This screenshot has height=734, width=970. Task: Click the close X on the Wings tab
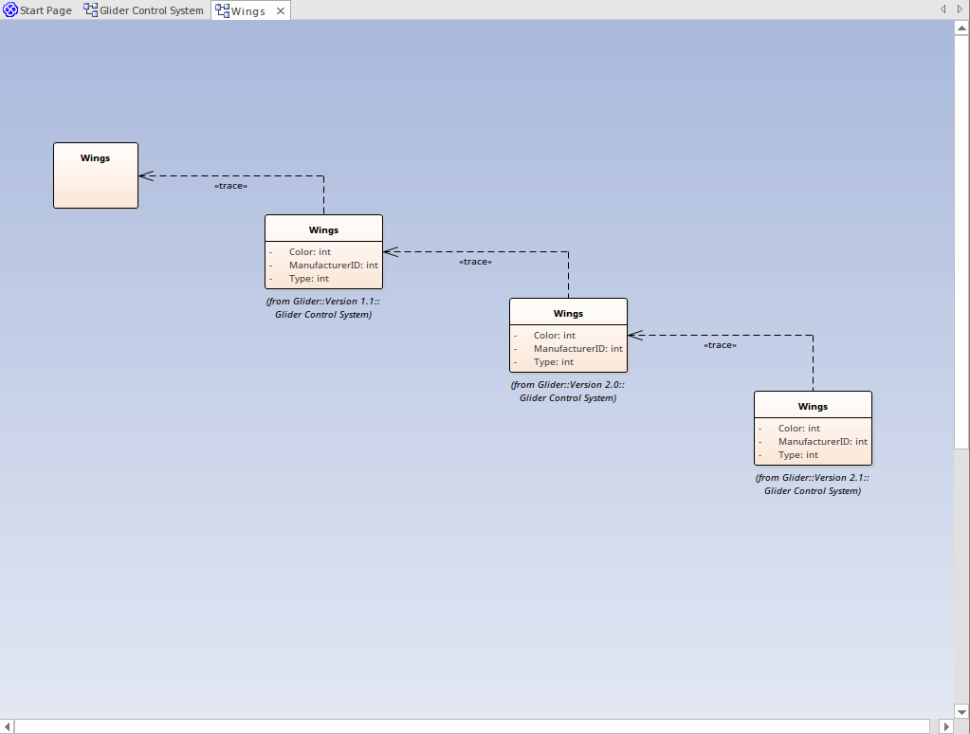(x=281, y=10)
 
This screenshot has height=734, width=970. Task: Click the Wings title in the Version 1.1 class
(x=323, y=229)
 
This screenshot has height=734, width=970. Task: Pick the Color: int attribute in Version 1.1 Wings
(x=310, y=252)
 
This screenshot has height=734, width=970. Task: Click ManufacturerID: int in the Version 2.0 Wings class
(x=577, y=349)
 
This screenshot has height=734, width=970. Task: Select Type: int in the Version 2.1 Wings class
(x=797, y=455)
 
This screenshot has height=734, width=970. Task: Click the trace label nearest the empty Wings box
(x=230, y=186)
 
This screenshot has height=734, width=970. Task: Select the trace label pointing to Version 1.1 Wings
(x=475, y=262)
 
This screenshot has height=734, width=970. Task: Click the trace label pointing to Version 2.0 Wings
(x=720, y=345)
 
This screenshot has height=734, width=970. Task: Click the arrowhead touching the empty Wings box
(x=146, y=175)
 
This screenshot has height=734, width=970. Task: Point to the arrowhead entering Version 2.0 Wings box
(x=635, y=335)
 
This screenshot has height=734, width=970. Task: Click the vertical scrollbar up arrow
(x=961, y=28)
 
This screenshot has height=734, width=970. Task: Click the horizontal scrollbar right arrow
(x=945, y=726)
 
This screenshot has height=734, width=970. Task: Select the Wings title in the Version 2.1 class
(x=813, y=406)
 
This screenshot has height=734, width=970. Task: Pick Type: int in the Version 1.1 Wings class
(x=309, y=279)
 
